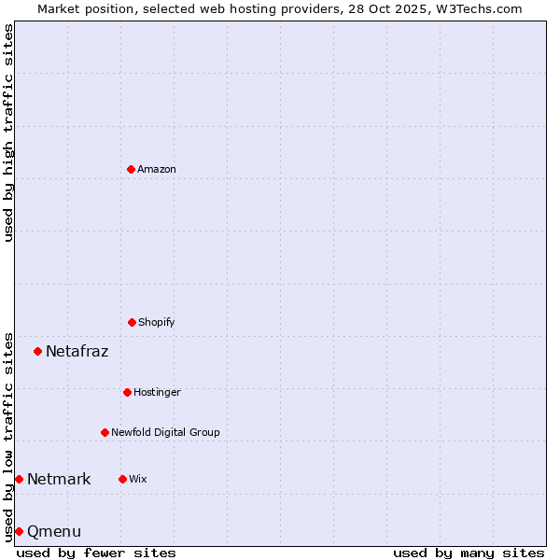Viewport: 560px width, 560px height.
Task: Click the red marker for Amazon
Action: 131,169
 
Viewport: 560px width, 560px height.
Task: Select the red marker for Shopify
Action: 132,322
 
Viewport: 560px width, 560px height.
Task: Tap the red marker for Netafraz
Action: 38,351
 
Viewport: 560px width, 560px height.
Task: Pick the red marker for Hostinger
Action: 127,392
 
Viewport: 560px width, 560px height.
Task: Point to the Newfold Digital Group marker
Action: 105,432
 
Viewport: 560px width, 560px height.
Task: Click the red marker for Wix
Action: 122,479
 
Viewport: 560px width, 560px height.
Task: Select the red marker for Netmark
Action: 19,479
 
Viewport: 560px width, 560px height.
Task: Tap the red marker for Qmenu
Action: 19,531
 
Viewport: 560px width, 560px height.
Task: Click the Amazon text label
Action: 157,169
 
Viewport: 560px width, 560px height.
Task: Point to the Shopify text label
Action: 157,322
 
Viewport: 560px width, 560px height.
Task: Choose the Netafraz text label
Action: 77,351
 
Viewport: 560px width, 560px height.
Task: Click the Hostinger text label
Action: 157,392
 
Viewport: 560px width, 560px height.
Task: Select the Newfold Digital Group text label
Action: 165,432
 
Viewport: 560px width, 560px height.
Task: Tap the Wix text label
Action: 138,479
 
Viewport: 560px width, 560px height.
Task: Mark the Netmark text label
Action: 59,479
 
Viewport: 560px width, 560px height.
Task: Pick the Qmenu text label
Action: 54,531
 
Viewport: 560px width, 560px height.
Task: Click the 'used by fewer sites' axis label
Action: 96,553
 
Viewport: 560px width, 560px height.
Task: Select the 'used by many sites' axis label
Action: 469,553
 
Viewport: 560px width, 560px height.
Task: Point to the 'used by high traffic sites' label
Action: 8,133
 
